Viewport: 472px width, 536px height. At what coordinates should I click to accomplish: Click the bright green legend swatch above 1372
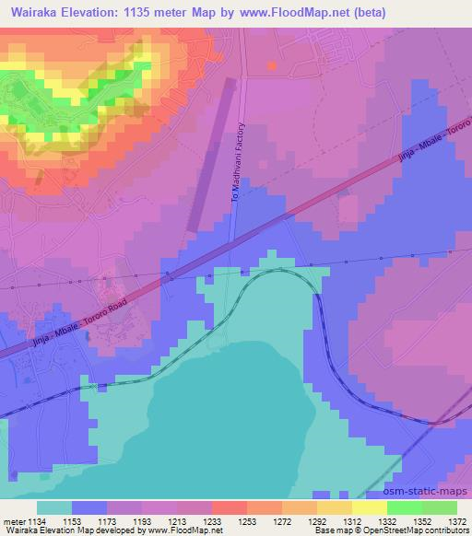pos(439,507)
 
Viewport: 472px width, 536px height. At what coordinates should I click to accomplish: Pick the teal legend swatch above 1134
pos(53,507)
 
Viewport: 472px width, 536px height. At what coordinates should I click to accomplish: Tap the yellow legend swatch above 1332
pos(369,507)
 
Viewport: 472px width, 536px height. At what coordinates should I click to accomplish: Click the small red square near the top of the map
pos(271,65)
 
